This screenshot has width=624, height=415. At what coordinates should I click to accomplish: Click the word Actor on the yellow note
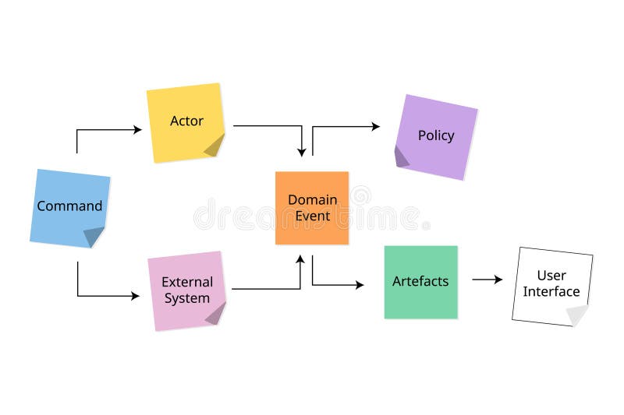[186, 121]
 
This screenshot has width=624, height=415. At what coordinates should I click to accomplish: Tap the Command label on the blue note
[69, 206]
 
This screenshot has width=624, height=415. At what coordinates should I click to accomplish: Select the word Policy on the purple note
[436, 135]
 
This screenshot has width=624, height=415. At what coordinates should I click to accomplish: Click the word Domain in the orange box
[313, 199]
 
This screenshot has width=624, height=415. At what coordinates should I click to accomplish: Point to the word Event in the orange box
[313, 216]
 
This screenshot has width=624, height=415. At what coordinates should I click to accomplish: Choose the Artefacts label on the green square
[420, 281]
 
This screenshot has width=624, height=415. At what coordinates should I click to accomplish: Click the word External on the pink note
[187, 282]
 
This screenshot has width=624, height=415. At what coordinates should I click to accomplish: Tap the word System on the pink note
[187, 298]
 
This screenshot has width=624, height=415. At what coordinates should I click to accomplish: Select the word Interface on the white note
[551, 292]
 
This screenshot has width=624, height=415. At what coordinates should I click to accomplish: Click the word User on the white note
[551, 276]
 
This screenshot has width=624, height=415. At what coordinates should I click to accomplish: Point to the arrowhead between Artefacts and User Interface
[498, 280]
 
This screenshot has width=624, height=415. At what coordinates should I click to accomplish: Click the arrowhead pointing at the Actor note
[138, 130]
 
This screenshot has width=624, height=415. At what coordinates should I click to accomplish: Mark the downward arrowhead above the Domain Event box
[302, 153]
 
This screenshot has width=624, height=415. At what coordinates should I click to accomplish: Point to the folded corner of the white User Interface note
[577, 315]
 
